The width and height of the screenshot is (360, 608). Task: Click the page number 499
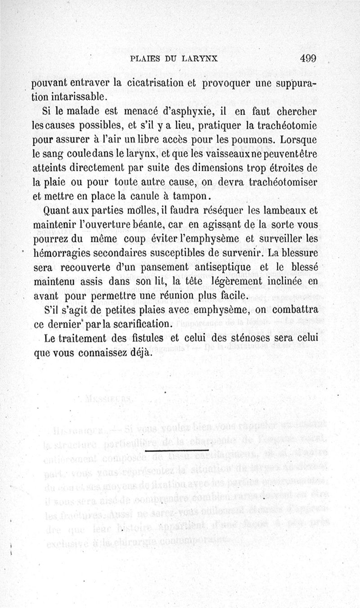[x=307, y=58]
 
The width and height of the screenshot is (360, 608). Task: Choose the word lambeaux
[x=284, y=210]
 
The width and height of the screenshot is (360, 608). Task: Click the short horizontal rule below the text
[x=178, y=450]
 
